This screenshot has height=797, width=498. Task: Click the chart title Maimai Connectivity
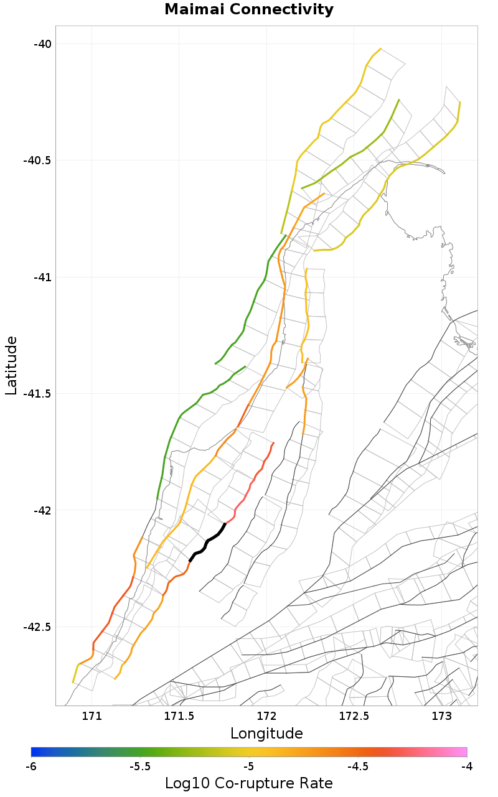pyautogui.click(x=249, y=10)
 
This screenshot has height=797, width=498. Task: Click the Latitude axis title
pyautogui.click(x=11, y=365)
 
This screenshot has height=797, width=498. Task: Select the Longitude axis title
pyautogui.click(x=266, y=734)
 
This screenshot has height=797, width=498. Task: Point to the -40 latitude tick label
pyautogui.click(x=42, y=44)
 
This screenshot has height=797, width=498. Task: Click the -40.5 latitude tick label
pyautogui.click(x=37, y=160)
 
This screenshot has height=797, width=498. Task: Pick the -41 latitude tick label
pyautogui.click(x=42, y=277)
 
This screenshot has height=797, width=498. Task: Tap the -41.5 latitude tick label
pyautogui.click(x=37, y=393)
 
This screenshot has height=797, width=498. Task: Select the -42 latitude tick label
pyautogui.click(x=42, y=510)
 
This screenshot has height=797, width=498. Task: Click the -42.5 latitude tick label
pyautogui.click(x=37, y=627)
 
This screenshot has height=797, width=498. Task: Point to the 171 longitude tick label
pyautogui.click(x=92, y=715)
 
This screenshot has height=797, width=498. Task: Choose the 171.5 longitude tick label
pyautogui.click(x=179, y=715)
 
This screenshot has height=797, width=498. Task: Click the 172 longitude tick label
pyautogui.click(x=266, y=715)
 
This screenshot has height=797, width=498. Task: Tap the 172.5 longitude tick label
pyautogui.click(x=354, y=715)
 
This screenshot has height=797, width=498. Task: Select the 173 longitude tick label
pyautogui.click(x=441, y=715)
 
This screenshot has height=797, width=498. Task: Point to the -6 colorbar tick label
pyautogui.click(x=31, y=767)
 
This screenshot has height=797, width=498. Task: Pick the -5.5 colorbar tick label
pyautogui.click(x=140, y=767)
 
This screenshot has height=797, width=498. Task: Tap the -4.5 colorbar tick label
pyautogui.click(x=358, y=767)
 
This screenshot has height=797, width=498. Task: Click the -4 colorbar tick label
pyautogui.click(x=466, y=767)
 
